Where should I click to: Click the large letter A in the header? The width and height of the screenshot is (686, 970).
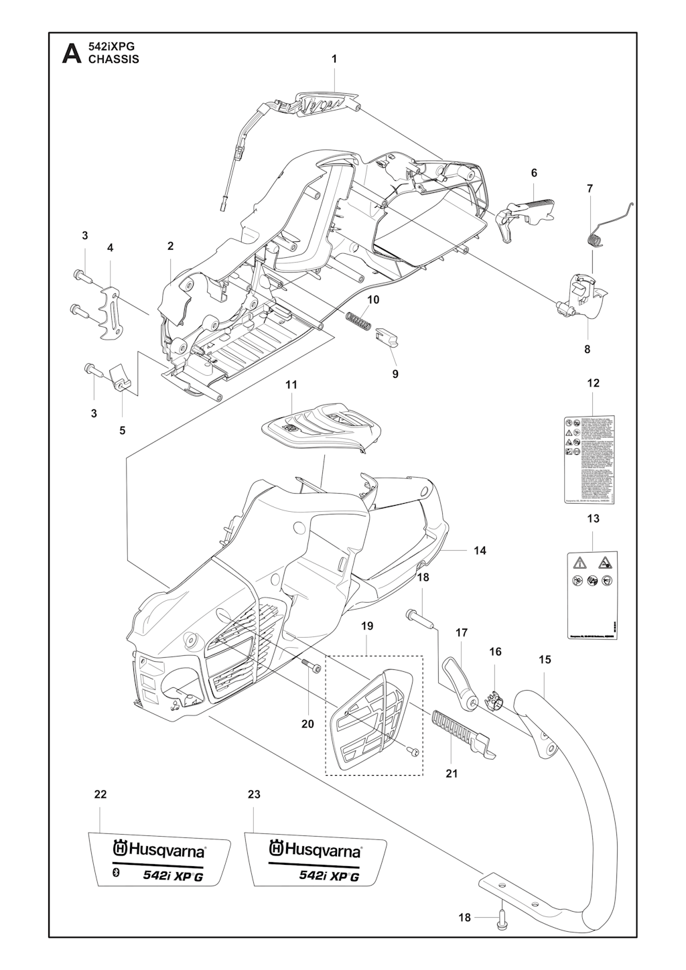70,53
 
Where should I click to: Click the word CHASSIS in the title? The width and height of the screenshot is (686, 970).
114,59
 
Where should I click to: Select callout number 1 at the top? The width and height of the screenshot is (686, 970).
334,59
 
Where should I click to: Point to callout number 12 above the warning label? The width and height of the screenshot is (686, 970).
594,383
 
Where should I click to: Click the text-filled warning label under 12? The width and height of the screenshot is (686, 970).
590,458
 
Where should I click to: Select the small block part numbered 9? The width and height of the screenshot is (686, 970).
387,335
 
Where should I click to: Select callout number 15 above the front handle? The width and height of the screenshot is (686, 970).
545,660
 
